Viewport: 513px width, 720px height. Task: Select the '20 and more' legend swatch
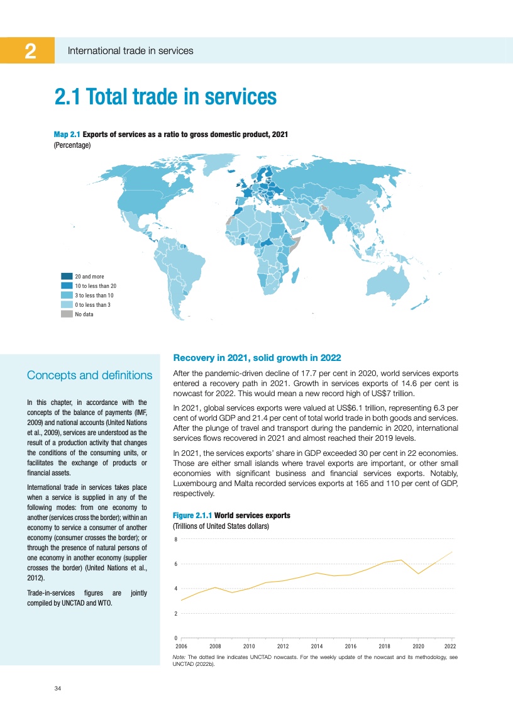[67, 276]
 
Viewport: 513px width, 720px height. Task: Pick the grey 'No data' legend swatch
[67, 314]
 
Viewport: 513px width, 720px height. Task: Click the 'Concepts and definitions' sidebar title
[89, 375]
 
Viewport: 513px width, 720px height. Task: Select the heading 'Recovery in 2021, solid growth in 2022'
[256, 358]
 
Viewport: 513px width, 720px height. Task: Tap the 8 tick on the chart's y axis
[175, 540]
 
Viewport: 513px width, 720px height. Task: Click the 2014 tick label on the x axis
[317, 646]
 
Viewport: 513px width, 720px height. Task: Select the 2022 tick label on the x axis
[450, 646]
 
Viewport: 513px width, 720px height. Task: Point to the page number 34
[57, 689]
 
